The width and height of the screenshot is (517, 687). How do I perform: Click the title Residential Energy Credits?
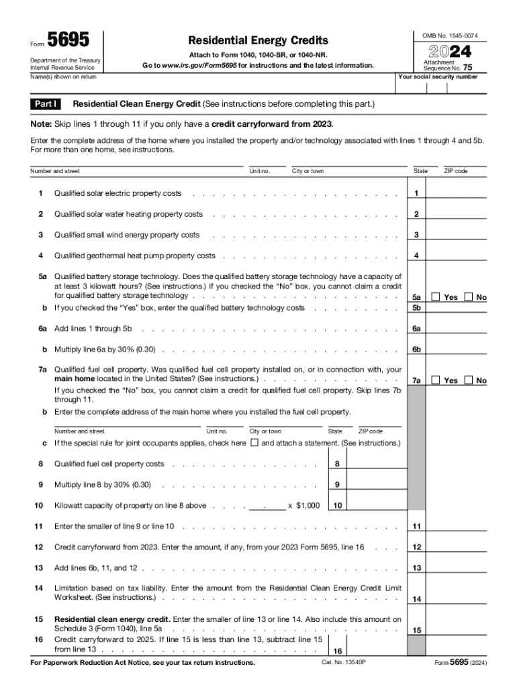258,41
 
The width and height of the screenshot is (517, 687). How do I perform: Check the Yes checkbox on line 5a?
435,297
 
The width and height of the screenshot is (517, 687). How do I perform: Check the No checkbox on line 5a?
468,297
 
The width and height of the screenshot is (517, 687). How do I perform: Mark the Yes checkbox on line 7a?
435,380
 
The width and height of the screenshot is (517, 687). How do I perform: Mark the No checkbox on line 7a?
468,380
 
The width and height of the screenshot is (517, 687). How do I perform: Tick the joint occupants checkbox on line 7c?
254,443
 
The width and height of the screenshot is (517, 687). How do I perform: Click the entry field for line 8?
374,464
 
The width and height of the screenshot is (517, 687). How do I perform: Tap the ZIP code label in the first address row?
456,171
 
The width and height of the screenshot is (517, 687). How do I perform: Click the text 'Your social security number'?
438,77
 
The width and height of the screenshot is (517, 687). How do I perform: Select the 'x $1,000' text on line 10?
303,505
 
